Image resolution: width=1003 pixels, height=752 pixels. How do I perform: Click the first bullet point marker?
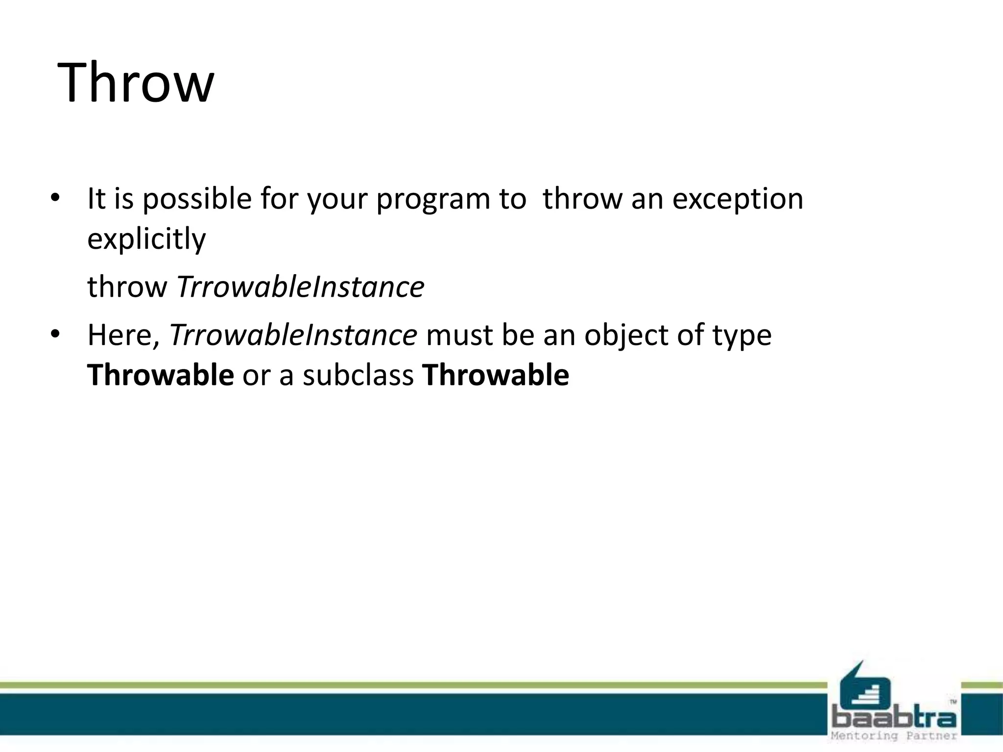coord(55,199)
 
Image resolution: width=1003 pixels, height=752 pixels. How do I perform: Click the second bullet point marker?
coord(55,335)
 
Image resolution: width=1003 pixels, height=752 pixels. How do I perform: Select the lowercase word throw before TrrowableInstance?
coord(127,287)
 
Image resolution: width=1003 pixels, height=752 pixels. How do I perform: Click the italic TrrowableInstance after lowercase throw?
coord(300,287)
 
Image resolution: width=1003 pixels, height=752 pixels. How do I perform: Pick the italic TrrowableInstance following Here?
coord(293,336)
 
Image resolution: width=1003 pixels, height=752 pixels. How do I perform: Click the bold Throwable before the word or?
coord(160,376)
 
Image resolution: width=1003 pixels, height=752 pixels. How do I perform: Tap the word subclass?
coord(358,376)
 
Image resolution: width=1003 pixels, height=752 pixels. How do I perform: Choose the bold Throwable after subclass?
coord(496,376)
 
